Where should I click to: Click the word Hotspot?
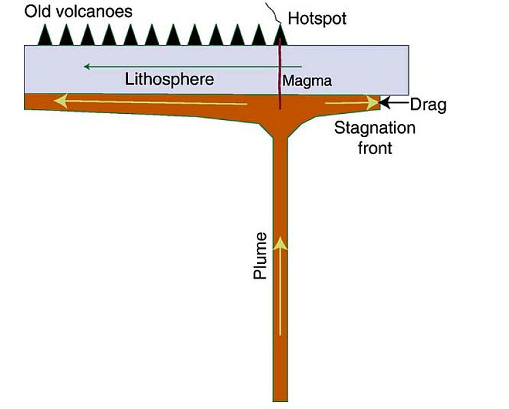pyautogui.click(x=317, y=18)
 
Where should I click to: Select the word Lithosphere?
pyautogui.click(x=170, y=79)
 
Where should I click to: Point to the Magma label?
pyautogui.click(x=307, y=81)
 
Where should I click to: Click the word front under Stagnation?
pyautogui.click(x=375, y=147)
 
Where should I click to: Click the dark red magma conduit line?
pyautogui.click(x=281, y=75)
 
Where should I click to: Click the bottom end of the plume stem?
pyautogui.click(x=280, y=397)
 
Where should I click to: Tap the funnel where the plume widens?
pyautogui.click(x=280, y=130)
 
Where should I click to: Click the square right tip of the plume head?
pyautogui.click(x=377, y=102)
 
